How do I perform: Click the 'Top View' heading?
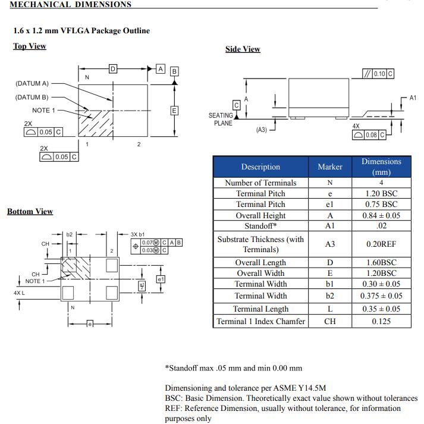[x=29, y=46]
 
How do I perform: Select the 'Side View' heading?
[x=243, y=49]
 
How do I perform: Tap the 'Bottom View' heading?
[x=30, y=211]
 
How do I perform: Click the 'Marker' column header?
[x=330, y=167]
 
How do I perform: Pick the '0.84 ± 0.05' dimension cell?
[x=381, y=215]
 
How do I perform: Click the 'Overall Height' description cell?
[x=260, y=215]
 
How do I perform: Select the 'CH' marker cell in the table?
[x=330, y=321]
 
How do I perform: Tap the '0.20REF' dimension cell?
[x=381, y=244]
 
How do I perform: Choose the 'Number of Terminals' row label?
[x=260, y=183]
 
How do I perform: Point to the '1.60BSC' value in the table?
[x=381, y=262]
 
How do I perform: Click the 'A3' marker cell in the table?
[x=330, y=244]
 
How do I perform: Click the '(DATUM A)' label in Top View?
[x=32, y=83]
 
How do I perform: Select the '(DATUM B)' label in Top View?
[x=32, y=97]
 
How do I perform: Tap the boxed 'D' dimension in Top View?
[x=112, y=68]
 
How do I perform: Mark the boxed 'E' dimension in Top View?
[x=174, y=111]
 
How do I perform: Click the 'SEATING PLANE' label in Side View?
[x=221, y=119]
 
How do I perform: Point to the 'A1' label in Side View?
[x=413, y=97]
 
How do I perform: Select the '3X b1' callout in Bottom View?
[x=138, y=234]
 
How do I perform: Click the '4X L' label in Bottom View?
[x=19, y=293]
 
